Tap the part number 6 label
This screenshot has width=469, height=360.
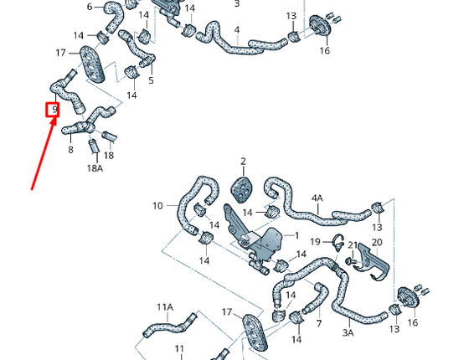[90, 8]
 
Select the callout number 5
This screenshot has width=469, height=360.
[151, 80]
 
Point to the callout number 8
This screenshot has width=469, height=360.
[70, 150]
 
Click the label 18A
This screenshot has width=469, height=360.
[95, 168]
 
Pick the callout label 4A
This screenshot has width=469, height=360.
[317, 198]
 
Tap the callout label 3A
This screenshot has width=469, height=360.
[348, 332]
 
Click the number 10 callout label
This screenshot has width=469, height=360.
[157, 206]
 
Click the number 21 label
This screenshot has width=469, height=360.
[353, 245]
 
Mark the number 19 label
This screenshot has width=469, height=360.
[314, 242]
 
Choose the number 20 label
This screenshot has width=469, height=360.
[377, 242]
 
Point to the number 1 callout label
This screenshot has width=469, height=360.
[294, 235]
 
